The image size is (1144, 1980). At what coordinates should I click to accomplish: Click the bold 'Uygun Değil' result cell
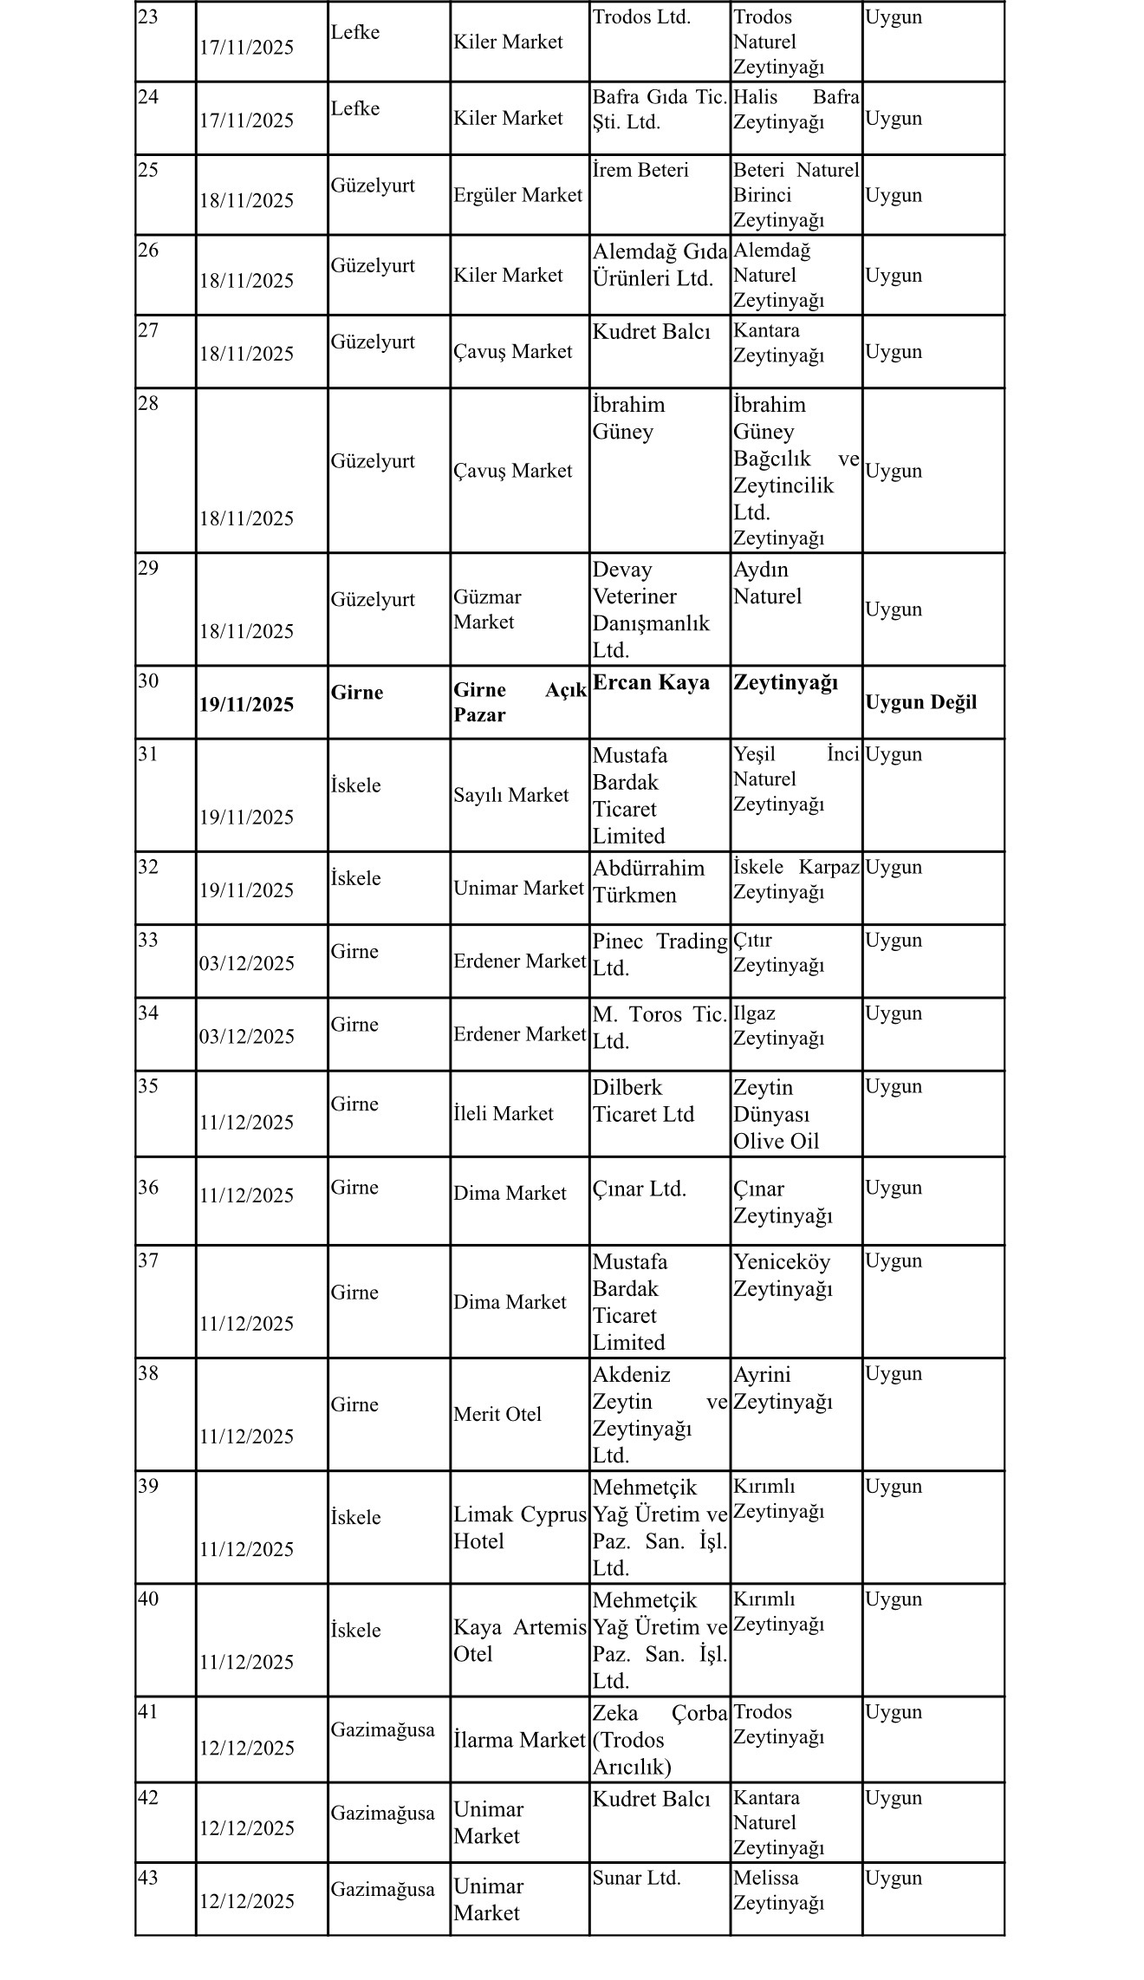(x=920, y=702)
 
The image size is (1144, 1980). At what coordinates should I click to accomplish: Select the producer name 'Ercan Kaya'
(x=651, y=682)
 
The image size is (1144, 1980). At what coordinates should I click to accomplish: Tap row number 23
(x=148, y=17)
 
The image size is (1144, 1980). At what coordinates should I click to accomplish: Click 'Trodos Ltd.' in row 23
(x=641, y=17)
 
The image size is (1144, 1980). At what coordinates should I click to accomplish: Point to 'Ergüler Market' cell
(x=517, y=195)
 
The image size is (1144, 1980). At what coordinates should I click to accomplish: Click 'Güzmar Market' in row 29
(x=487, y=609)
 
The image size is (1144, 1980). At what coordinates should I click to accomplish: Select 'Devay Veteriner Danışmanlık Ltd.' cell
(x=650, y=609)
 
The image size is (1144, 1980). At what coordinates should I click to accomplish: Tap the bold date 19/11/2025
(x=247, y=704)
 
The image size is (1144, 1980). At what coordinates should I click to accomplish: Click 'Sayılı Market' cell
(x=510, y=795)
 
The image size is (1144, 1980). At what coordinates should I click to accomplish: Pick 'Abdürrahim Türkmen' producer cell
(x=648, y=882)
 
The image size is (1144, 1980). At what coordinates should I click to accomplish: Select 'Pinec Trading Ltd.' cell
(x=659, y=954)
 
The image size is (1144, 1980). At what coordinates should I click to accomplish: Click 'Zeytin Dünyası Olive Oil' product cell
(x=776, y=1114)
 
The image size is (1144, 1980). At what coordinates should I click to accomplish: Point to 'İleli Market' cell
(x=503, y=1113)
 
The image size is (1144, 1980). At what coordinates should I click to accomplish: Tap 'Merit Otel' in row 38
(x=497, y=1414)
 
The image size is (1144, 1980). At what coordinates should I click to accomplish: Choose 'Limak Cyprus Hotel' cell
(x=519, y=1527)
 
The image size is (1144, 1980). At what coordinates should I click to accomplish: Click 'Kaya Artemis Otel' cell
(x=519, y=1640)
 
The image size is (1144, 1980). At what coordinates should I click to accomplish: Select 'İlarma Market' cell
(x=519, y=1740)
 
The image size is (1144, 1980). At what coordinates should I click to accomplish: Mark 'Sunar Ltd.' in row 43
(x=636, y=1878)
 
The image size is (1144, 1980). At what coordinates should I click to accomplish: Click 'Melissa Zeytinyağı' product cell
(x=777, y=1890)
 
